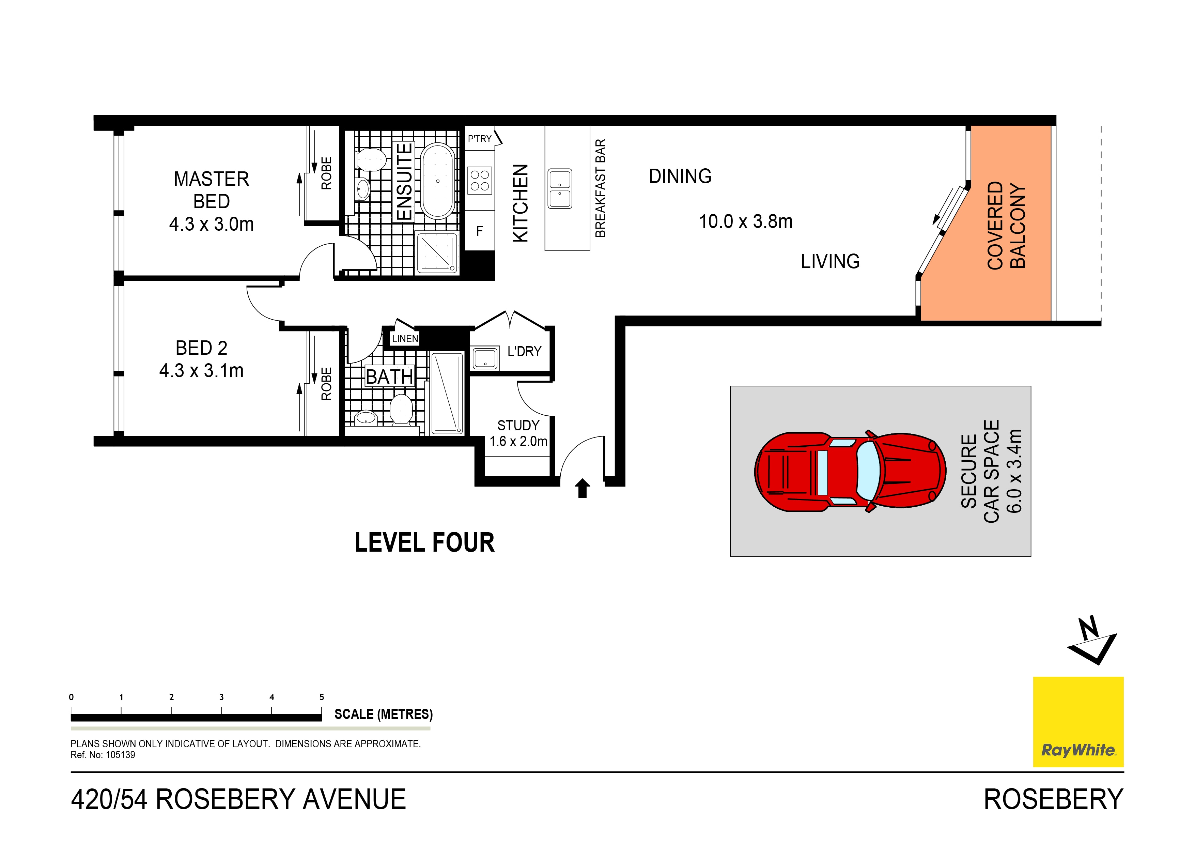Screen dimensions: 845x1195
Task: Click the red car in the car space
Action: tap(850, 472)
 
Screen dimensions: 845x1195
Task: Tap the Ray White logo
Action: tap(1078, 722)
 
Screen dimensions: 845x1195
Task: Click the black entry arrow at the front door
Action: tap(583, 488)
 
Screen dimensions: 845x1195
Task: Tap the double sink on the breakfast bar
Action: tap(560, 188)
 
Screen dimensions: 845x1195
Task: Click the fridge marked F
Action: tap(479, 231)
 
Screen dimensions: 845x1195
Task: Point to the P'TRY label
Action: tap(479, 139)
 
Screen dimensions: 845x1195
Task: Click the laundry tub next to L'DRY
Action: tap(485, 358)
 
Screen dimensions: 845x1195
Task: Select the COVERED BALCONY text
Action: tap(1006, 226)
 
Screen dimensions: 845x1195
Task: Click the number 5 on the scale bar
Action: tap(322, 697)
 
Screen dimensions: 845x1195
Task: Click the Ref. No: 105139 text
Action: tap(103, 755)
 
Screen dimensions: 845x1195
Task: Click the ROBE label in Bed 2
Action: tap(326, 384)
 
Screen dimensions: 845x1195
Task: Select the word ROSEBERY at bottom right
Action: tap(1053, 799)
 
